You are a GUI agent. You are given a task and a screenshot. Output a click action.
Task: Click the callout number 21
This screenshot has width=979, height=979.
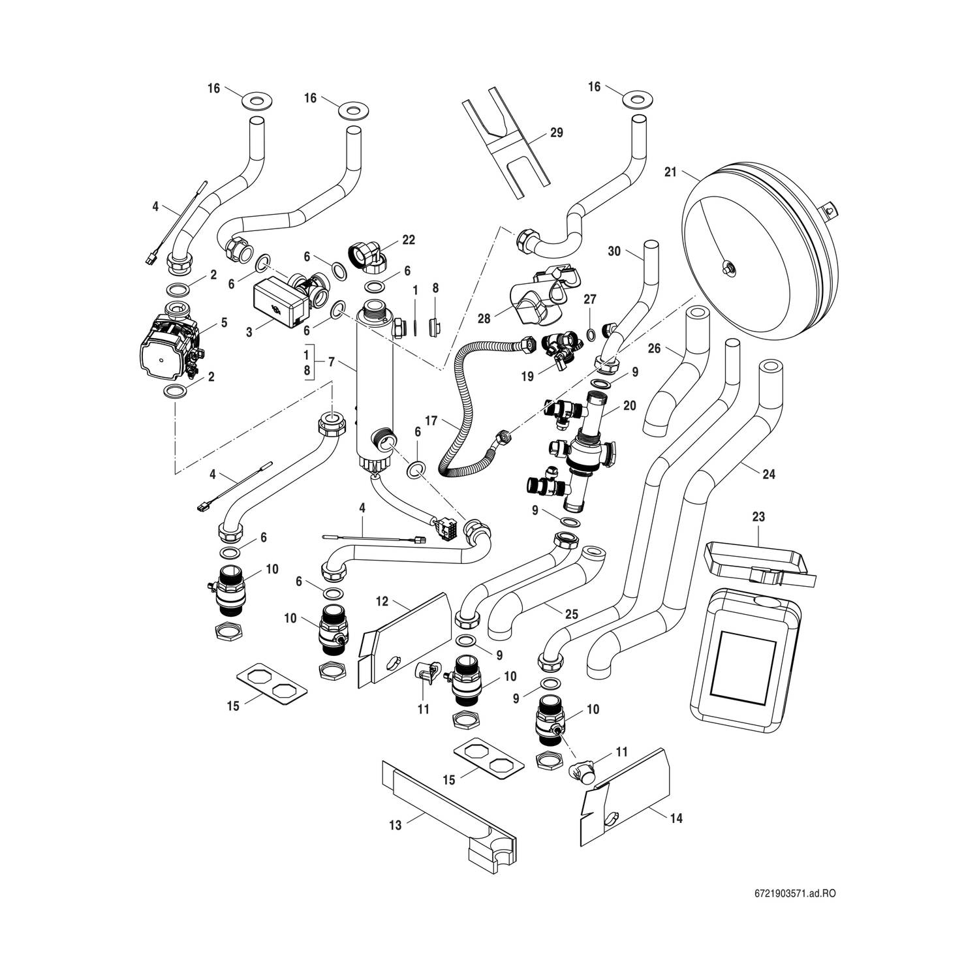tap(670, 172)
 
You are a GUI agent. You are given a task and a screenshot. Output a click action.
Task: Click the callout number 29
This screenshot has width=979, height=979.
tap(556, 132)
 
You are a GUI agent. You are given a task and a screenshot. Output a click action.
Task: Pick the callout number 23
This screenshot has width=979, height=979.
tap(758, 516)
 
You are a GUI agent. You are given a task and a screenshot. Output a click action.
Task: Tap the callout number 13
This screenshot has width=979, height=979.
tap(396, 825)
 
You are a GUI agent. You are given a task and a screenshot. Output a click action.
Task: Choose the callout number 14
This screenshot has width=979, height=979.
tap(677, 818)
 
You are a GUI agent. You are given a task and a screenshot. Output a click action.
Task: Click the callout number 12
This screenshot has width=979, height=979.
tap(382, 599)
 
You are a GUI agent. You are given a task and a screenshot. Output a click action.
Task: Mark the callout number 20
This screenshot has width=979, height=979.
tap(629, 405)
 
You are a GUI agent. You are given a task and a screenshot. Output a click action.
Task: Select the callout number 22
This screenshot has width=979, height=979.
tap(409, 240)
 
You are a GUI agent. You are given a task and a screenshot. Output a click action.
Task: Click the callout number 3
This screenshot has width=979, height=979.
tap(249, 332)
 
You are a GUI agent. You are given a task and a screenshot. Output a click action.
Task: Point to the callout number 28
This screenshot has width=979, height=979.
tap(484, 319)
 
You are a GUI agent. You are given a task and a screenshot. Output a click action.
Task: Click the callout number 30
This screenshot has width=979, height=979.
tap(614, 251)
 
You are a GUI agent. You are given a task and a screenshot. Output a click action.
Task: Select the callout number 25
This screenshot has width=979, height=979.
tap(572, 614)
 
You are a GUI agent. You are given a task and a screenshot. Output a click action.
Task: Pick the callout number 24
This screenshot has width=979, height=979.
tap(769, 474)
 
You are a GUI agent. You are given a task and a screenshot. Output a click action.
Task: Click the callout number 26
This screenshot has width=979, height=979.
tap(654, 349)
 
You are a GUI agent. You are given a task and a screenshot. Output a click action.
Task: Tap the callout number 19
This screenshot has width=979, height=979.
tap(527, 376)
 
